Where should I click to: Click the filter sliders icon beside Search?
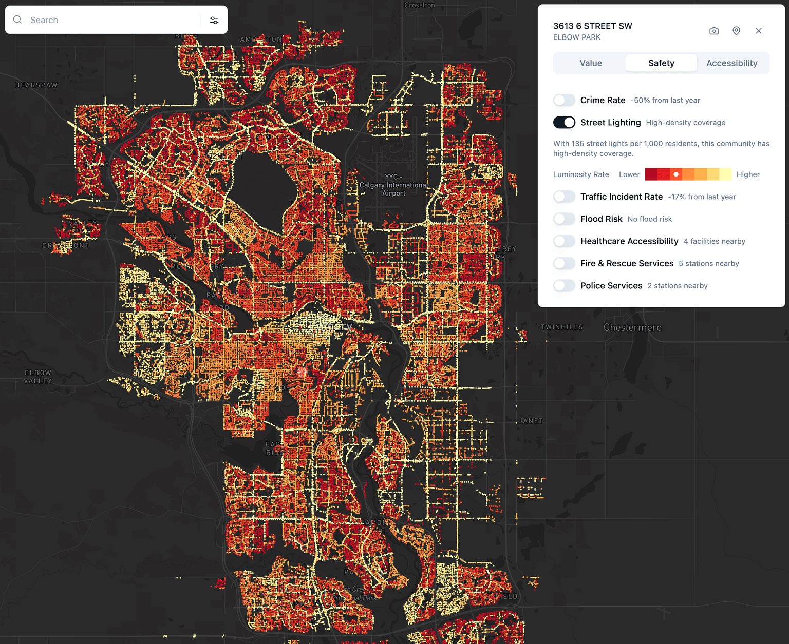(x=214, y=20)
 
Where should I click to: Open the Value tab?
(x=591, y=63)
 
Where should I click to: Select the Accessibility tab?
(x=731, y=63)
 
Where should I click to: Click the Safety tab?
(x=661, y=63)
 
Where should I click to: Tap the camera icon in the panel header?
(x=714, y=31)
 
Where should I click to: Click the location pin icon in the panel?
(x=736, y=31)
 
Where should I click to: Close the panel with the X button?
(x=759, y=31)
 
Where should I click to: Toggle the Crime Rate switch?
(x=564, y=100)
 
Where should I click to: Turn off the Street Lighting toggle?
(x=564, y=122)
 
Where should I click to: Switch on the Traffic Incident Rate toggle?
(x=564, y=197)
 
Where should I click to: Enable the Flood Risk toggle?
(x=564, y=219)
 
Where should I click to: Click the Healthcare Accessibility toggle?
(x=564, y=241)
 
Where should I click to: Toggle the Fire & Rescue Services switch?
(x=564, y=263)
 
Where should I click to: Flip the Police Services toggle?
(x=564, y=285)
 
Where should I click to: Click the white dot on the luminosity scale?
(x=676, y=174)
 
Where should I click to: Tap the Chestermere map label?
(x=632, y=327)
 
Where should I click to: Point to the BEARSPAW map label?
(x=36, y=85)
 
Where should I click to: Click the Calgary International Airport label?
(x=393, y=185)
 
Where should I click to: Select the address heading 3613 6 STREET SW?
(x=592, y=26)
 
